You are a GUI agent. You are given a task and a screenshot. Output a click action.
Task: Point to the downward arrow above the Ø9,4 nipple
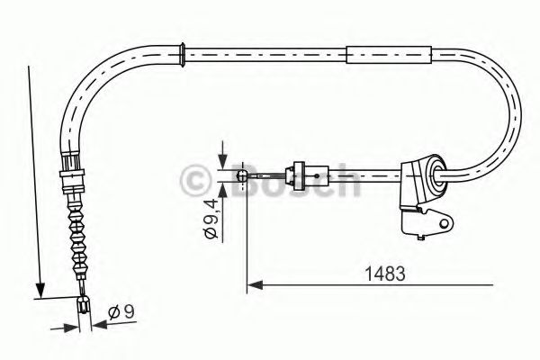221,153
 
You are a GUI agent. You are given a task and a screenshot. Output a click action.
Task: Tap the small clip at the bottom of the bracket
420,236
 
